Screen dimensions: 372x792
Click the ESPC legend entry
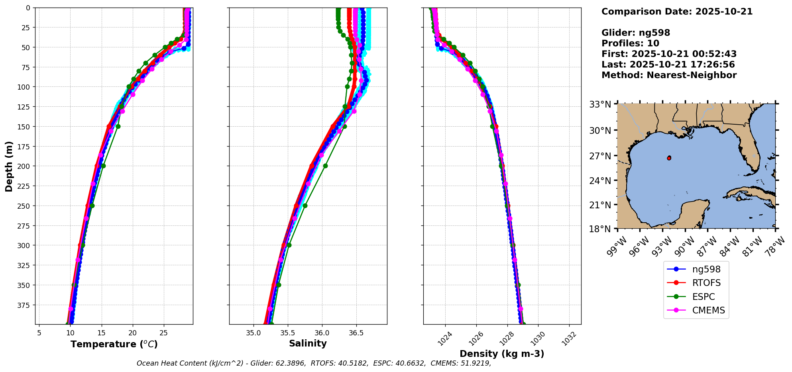pyautogui.click(x=703, y=297)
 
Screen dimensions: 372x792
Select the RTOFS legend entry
pyautogui.click(x=706, y=283)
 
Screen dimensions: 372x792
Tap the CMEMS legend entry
pyautogui.click(x=708, y=310)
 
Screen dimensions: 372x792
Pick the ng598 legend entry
pyautogui.click(x=706, y=269)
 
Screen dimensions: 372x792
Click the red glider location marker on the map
pyautogui.click(x=669, y=158)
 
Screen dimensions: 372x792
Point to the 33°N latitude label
pyautogui.click(x=600, y=105)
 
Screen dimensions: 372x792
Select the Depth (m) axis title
pyautogui.click(x=9, y=166)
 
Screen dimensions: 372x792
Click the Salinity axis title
pyautogui.click(x=308, y=344)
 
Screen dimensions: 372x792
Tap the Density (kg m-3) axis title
pyautogui.click(x=502, y=354)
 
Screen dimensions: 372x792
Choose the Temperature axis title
pyautogui.click(x=114, y=344)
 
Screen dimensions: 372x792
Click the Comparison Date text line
pyautogui.click(x=677, y=12)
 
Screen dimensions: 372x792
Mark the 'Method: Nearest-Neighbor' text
pyautogui.click(x=669, y=75)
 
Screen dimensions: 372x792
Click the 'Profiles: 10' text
pyautogui.click(x=630, y=43)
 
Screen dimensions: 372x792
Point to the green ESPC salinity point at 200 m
pyautogui.click(x=325, y=166)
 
